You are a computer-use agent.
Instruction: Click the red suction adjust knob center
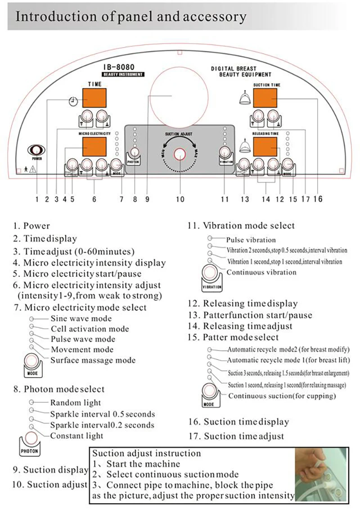point(180,154)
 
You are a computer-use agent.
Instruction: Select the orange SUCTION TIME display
point(265,98)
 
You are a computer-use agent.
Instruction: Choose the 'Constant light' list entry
point(76,435)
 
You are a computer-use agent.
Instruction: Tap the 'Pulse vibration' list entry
point(251,240)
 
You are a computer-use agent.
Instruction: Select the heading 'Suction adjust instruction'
point(147,453)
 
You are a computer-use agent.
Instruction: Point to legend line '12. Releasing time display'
point(243,304)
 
